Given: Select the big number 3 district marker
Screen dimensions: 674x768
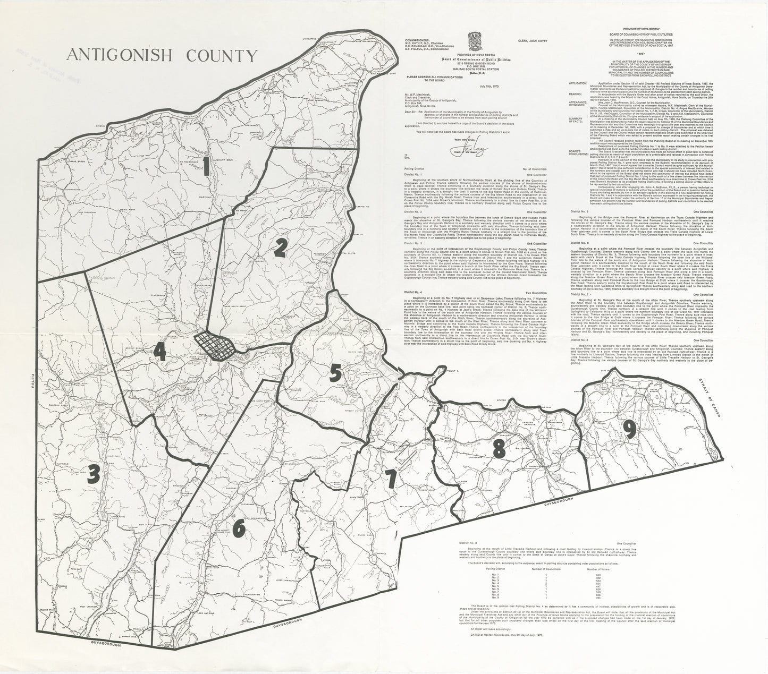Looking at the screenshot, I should (94, 473).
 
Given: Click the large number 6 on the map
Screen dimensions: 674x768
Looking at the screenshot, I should (239, 527).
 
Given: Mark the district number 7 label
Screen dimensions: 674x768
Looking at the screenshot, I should (391, 480).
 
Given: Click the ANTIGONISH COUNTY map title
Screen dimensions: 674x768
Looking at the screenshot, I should (162, 56).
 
